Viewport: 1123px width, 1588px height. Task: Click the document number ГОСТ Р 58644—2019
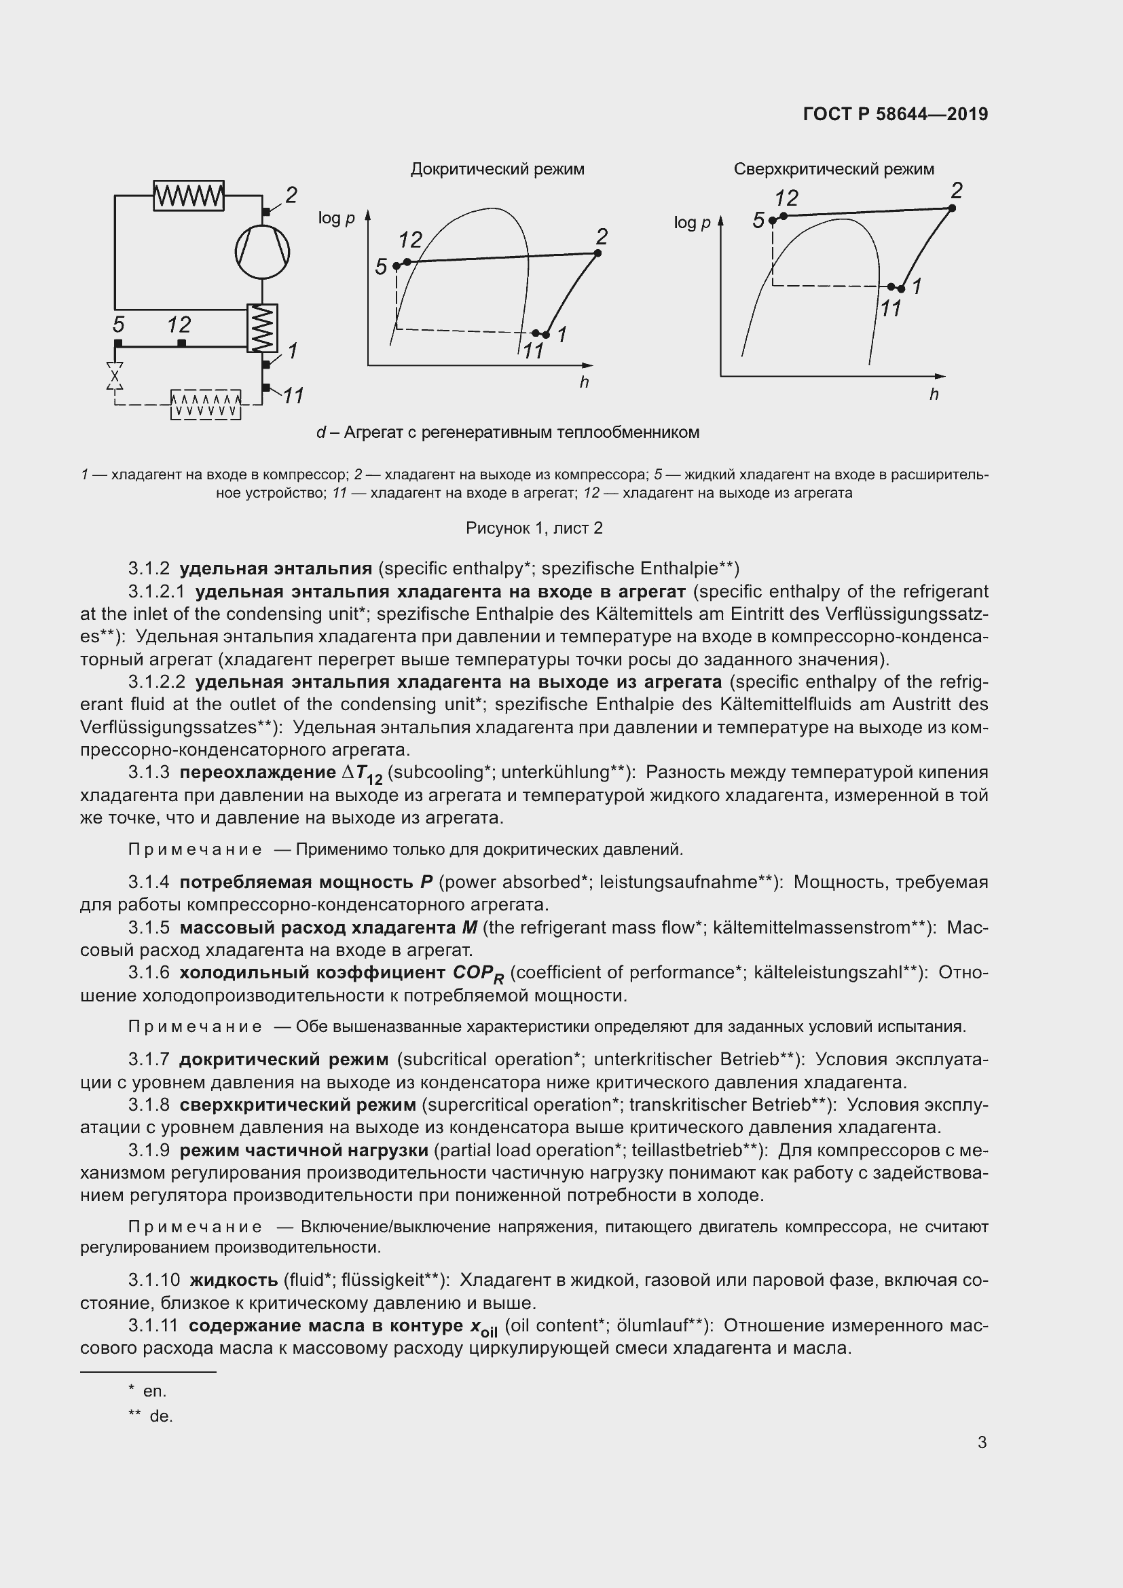point(896,114)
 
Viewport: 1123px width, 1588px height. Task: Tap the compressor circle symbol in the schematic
point(262,252)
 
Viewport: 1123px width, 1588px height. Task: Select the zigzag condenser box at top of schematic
point(188,196)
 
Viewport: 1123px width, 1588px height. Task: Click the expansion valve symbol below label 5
point(115,376)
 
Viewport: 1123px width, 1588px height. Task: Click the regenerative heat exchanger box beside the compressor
point(262,329)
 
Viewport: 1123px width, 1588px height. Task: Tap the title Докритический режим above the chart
point(497,170)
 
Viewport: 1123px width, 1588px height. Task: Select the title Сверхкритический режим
point(833,170)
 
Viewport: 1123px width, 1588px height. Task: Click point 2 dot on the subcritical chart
point(597,253)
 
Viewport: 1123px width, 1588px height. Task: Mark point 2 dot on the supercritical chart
point(952,208)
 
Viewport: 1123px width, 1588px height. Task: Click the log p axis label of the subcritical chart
point(336,219)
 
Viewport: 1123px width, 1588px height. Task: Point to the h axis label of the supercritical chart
point(934,395)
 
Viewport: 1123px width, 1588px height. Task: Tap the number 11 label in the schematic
point(293,396)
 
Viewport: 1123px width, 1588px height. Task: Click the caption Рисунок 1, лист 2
point(534,528)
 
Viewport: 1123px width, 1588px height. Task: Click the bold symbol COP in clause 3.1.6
point(477,973)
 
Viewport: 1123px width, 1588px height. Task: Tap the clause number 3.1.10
point(154,1280)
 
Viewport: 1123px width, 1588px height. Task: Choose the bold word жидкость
point(234,1280)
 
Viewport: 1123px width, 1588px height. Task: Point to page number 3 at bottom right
point(982,1442)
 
